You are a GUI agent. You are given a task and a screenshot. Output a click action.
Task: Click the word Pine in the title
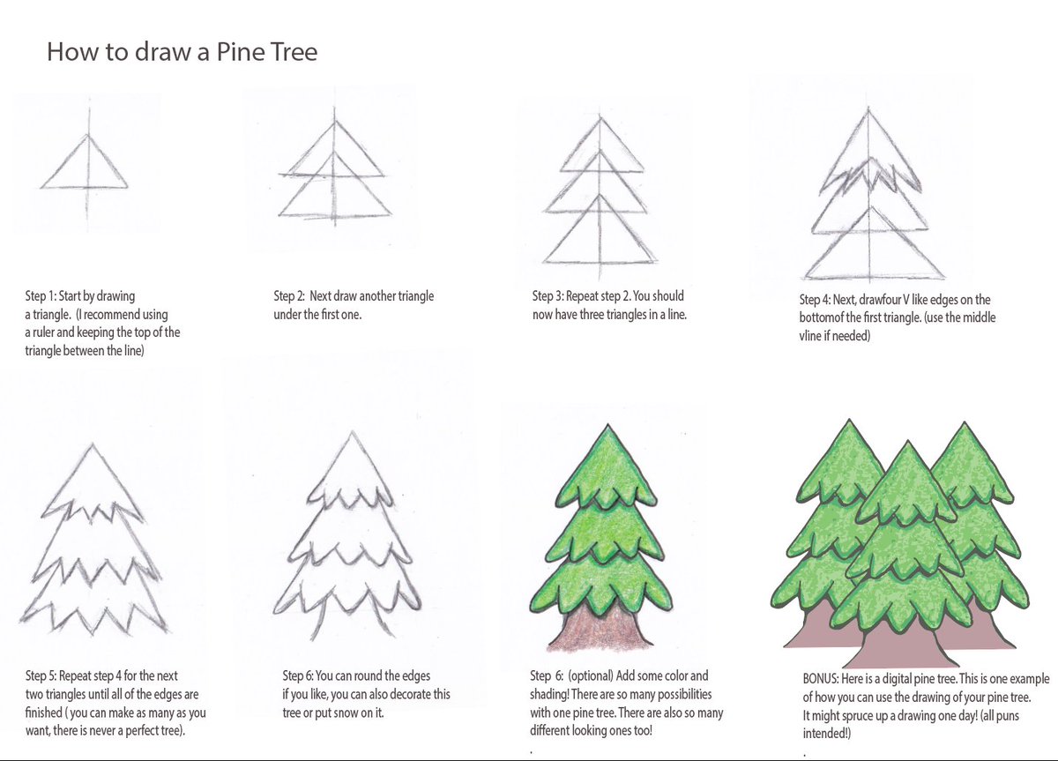point(240,51)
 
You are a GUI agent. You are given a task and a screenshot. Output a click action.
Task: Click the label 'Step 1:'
point(41,296)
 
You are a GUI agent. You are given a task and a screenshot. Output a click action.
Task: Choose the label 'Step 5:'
point(41,676)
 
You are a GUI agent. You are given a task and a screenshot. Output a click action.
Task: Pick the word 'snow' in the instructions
point(346,713)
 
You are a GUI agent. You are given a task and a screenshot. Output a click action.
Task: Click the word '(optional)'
point(591,676)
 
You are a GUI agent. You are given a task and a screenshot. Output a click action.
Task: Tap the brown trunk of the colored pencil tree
point(600,627)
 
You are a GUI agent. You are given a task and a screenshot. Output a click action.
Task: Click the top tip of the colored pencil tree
point(607,425)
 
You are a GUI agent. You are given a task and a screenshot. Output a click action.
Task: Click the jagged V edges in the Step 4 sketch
point(870,177)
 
